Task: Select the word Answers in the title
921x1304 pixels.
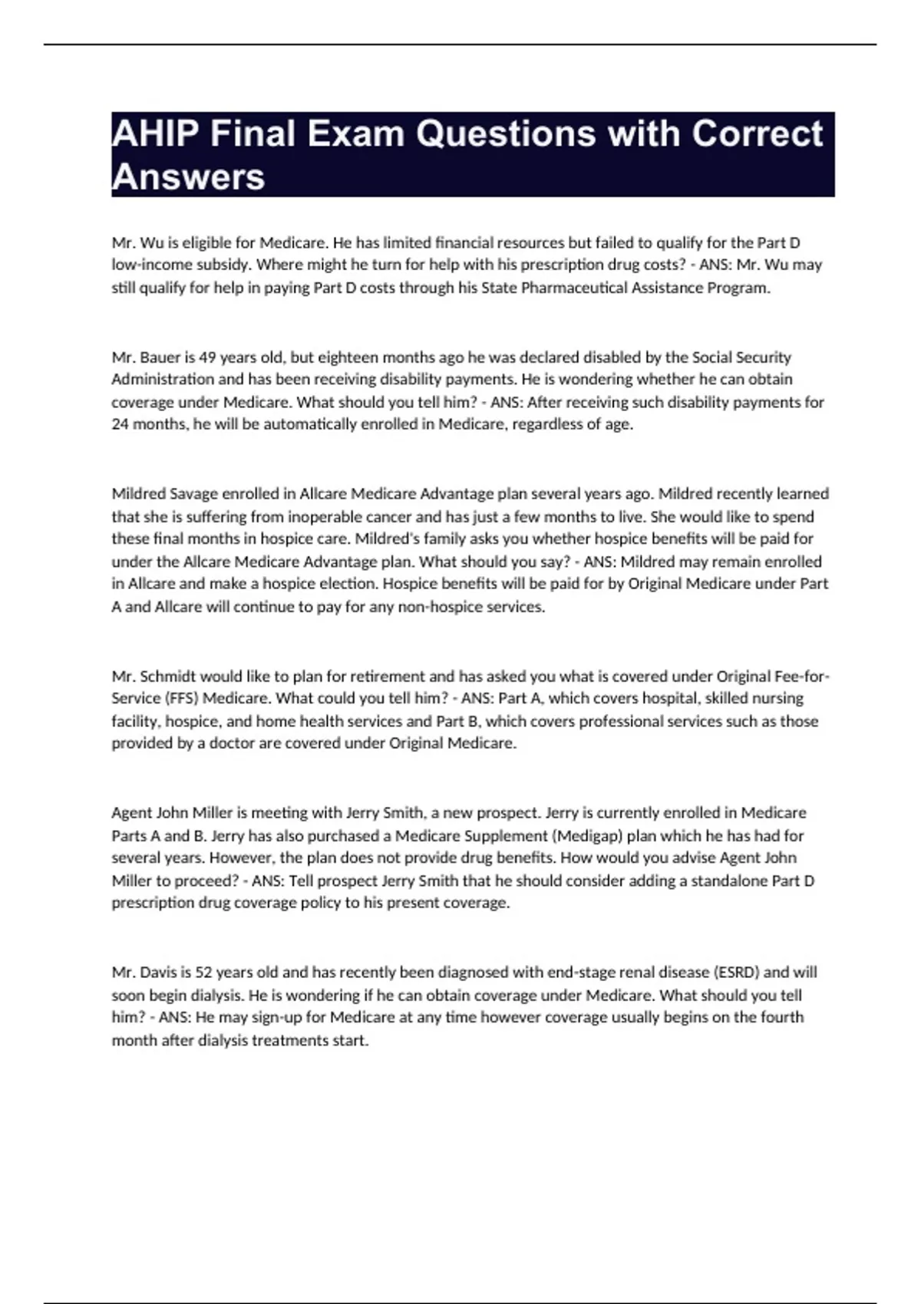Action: point(188,177)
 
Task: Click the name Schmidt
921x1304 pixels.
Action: point(168,676)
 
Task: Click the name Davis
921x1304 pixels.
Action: point(158,972)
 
